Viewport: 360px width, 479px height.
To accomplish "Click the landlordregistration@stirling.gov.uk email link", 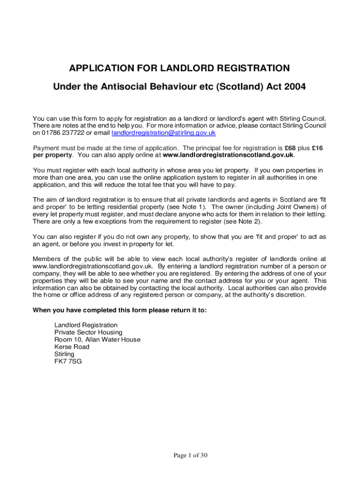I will tap(164, 133).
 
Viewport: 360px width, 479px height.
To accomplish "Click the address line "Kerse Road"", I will tap(72, 347).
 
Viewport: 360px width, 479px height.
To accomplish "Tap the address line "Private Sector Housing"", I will tap(88, 332).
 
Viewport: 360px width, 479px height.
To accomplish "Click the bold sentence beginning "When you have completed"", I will tap(119, 310).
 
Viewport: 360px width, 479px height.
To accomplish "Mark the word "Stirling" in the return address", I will tap(64, 354).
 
